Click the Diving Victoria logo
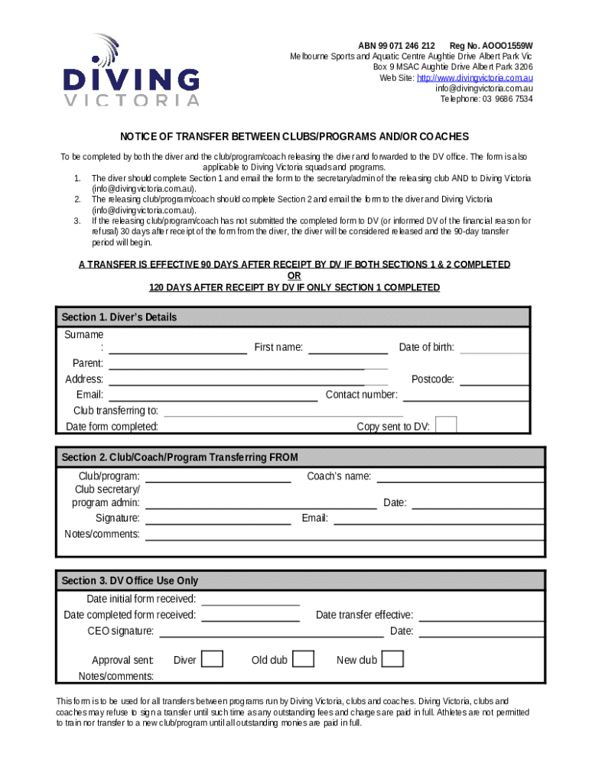132,70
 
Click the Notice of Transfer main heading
294,137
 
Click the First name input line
347,348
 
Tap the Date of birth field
494,348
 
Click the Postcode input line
494,380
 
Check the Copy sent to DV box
446,425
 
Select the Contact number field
466,395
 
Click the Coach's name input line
460,477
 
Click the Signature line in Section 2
218,518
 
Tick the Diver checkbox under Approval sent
213,659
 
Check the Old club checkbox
304,659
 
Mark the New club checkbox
392,659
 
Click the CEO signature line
271,632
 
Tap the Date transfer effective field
481,616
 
